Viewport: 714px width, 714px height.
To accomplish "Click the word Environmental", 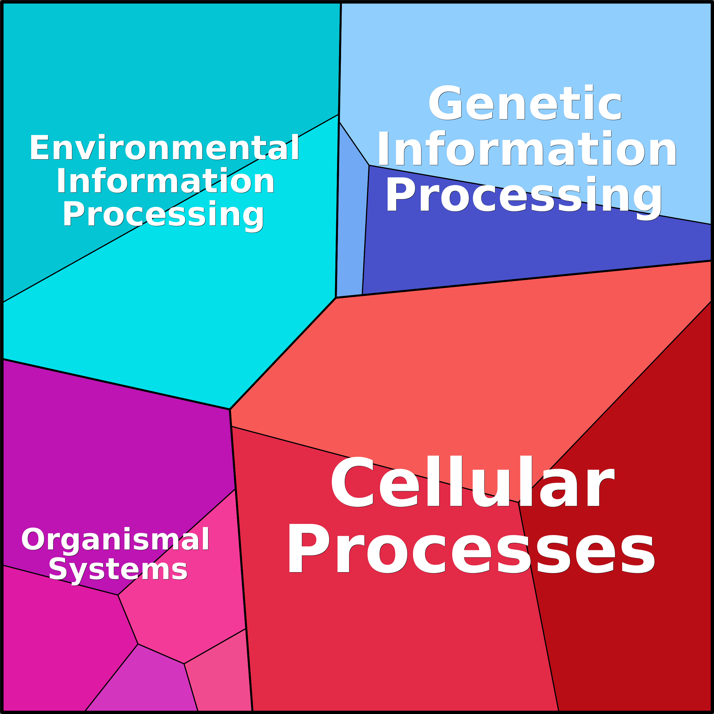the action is coord(165,148).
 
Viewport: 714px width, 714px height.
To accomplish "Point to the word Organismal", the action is coord(115,540).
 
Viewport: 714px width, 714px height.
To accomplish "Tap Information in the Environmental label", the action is coord(165,180).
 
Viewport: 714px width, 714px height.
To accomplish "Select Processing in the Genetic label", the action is coord(524,197).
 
